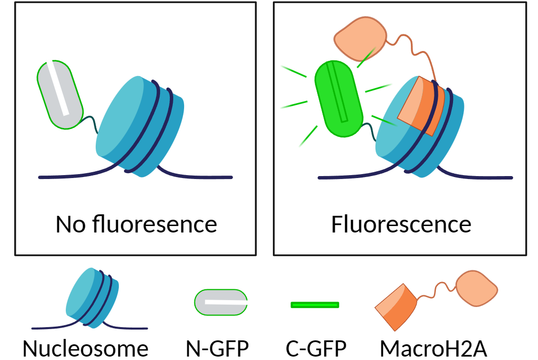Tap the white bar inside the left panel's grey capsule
pyautogui.click(x=57, y=87)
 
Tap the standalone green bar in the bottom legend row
pyautogui.click(x=315, y=305)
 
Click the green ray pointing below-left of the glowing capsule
pyautogui.click(x=308, y=137)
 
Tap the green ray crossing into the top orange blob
pyautogui.click(x=366, y=58)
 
